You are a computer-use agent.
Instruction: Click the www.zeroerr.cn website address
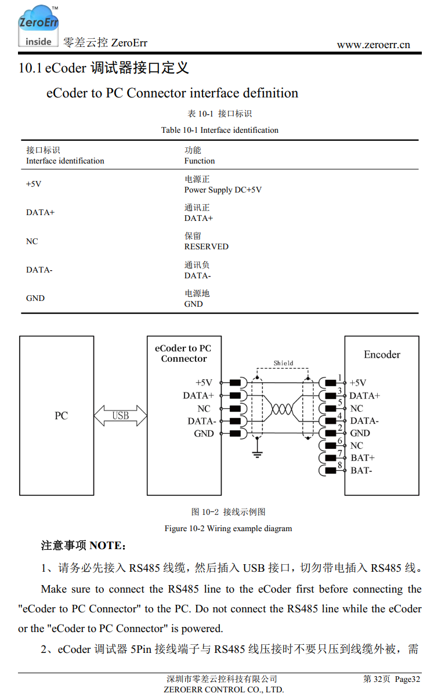click(x=373, y=45)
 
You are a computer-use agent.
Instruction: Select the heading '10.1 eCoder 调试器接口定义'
click(x=104, y=68)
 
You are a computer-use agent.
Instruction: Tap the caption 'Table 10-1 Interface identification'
click(x=219, y=130)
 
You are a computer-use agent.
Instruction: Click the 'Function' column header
click(x=200, y=161)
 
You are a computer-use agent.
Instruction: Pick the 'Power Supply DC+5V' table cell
click(x=223, y=190)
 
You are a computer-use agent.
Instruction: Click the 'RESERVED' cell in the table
click(x=206, y=246)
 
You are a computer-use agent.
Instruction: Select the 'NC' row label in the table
click(x=32, y=241)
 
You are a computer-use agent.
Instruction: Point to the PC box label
click(x=61, y=416)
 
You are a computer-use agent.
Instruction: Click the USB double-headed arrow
click(x=121, y=416)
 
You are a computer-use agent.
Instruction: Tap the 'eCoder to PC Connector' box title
click(x=183, y=354)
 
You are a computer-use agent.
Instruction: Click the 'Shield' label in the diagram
click(x=283, y=364)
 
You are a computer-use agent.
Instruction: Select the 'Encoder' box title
click(x=382, y=354)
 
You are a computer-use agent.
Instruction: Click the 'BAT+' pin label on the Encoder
click(x=363, y=458)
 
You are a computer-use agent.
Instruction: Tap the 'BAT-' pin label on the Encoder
click(x=361, y=470)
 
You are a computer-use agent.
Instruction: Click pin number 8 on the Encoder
click(x=340, y=464)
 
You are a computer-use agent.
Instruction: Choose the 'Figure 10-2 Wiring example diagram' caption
click(x=228, y=528)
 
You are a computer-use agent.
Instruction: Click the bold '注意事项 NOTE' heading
click(x=83, y=546)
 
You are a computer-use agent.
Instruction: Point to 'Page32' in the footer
click(x=407, y=679)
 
